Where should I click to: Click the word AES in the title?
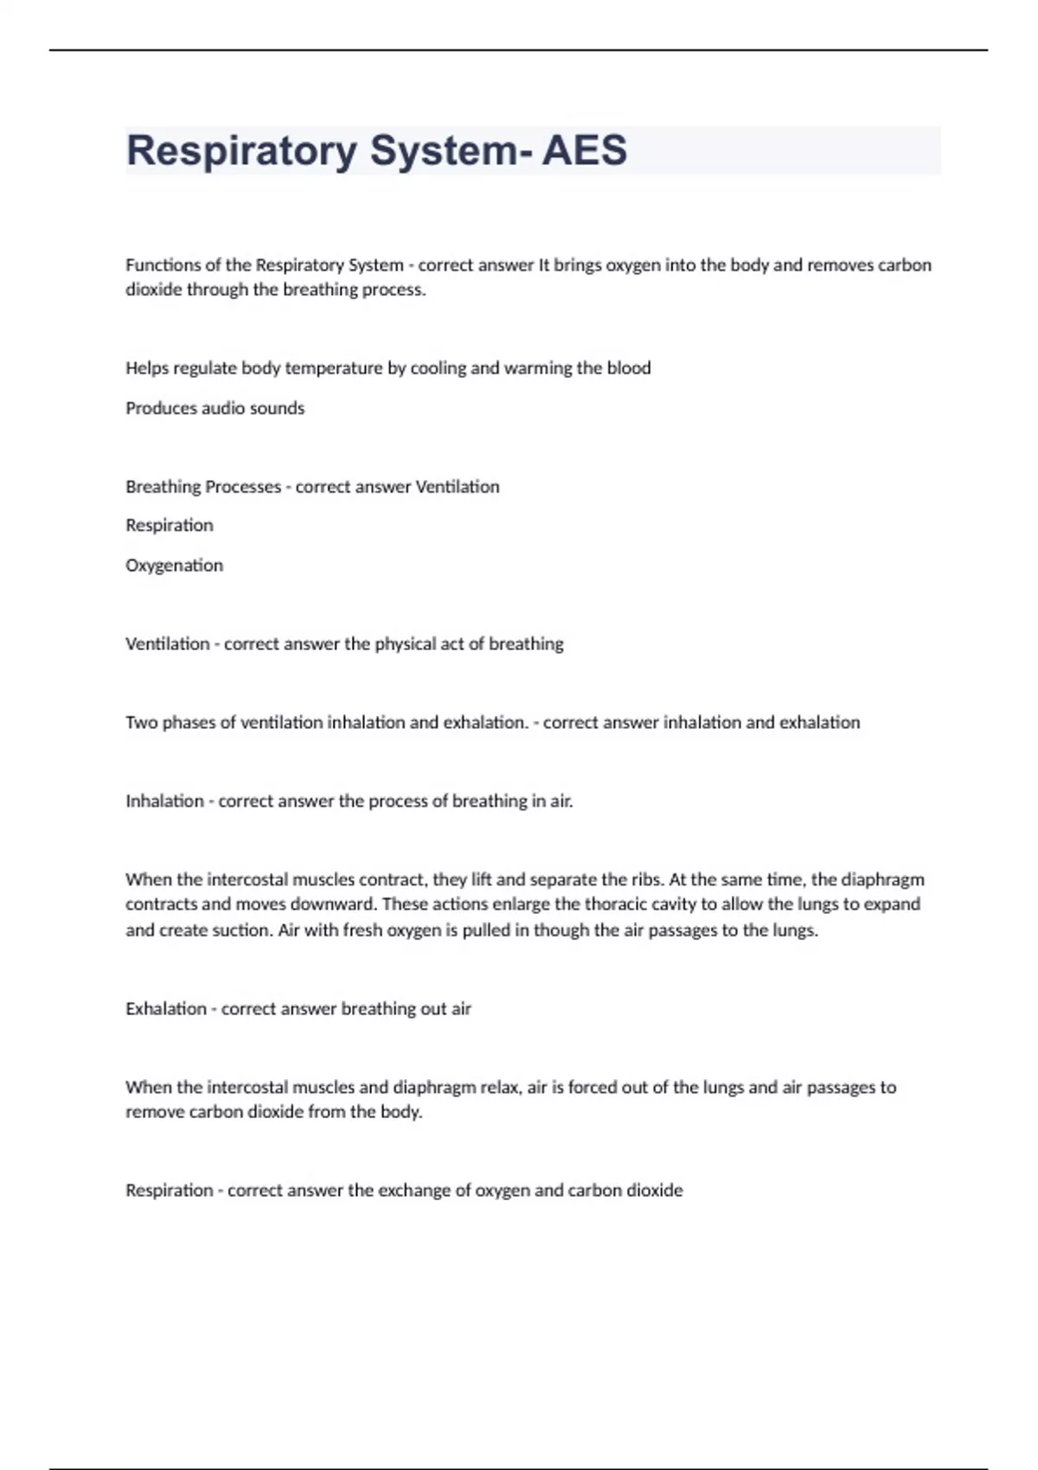(584, 150)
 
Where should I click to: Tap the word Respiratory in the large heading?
(241, 150)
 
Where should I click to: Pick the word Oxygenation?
(174, 566)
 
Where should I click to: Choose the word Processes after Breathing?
(243, 487)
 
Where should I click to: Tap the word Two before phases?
(141, 723)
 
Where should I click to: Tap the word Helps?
(147, 368)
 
